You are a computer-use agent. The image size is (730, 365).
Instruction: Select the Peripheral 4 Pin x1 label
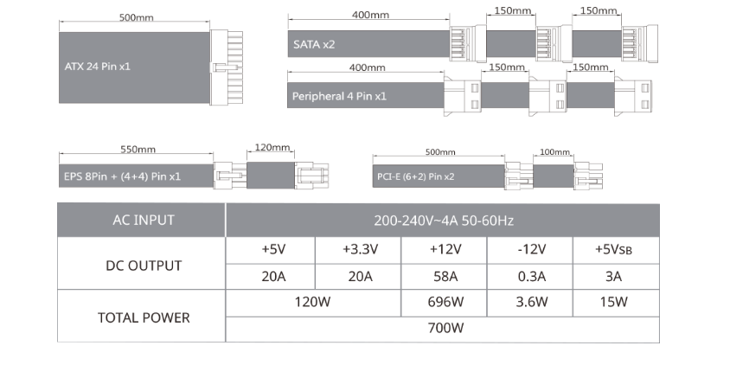click(x=337, y=95)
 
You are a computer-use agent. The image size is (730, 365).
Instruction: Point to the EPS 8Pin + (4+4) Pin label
click(x=123, y=176)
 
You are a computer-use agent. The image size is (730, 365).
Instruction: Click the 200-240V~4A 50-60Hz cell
click(x=443, y=221)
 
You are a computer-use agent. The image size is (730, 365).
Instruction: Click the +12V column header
click(x=445, y=250)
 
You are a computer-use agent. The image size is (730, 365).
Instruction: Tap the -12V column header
click(x=529, y=250)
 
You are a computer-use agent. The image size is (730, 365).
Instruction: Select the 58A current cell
click(x=445, y=277)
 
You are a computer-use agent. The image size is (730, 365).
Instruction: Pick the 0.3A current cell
click(x=529, y=277)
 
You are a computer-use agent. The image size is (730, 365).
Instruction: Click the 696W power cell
click(x=445, y=303)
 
